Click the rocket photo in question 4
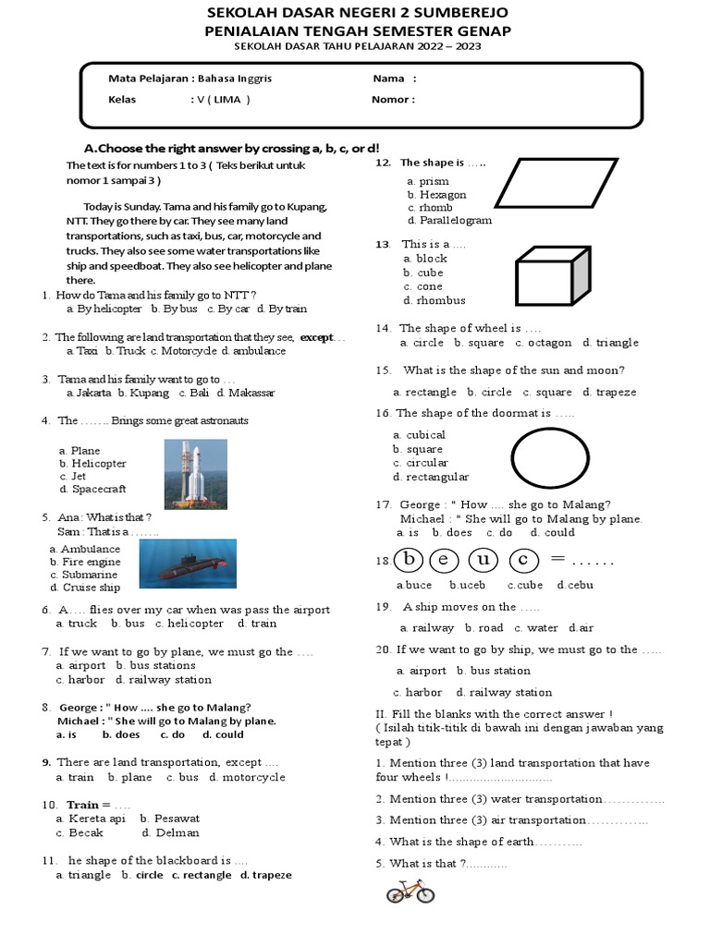(195, 474)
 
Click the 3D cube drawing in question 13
(553, 274)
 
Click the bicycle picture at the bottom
(410, 891)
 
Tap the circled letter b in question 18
(409, 560)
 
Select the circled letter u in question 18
(483, 560)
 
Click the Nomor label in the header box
(392, 100)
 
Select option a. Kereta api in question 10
(90, 819)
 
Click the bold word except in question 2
(316, 337)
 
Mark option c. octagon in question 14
(543, 343)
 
